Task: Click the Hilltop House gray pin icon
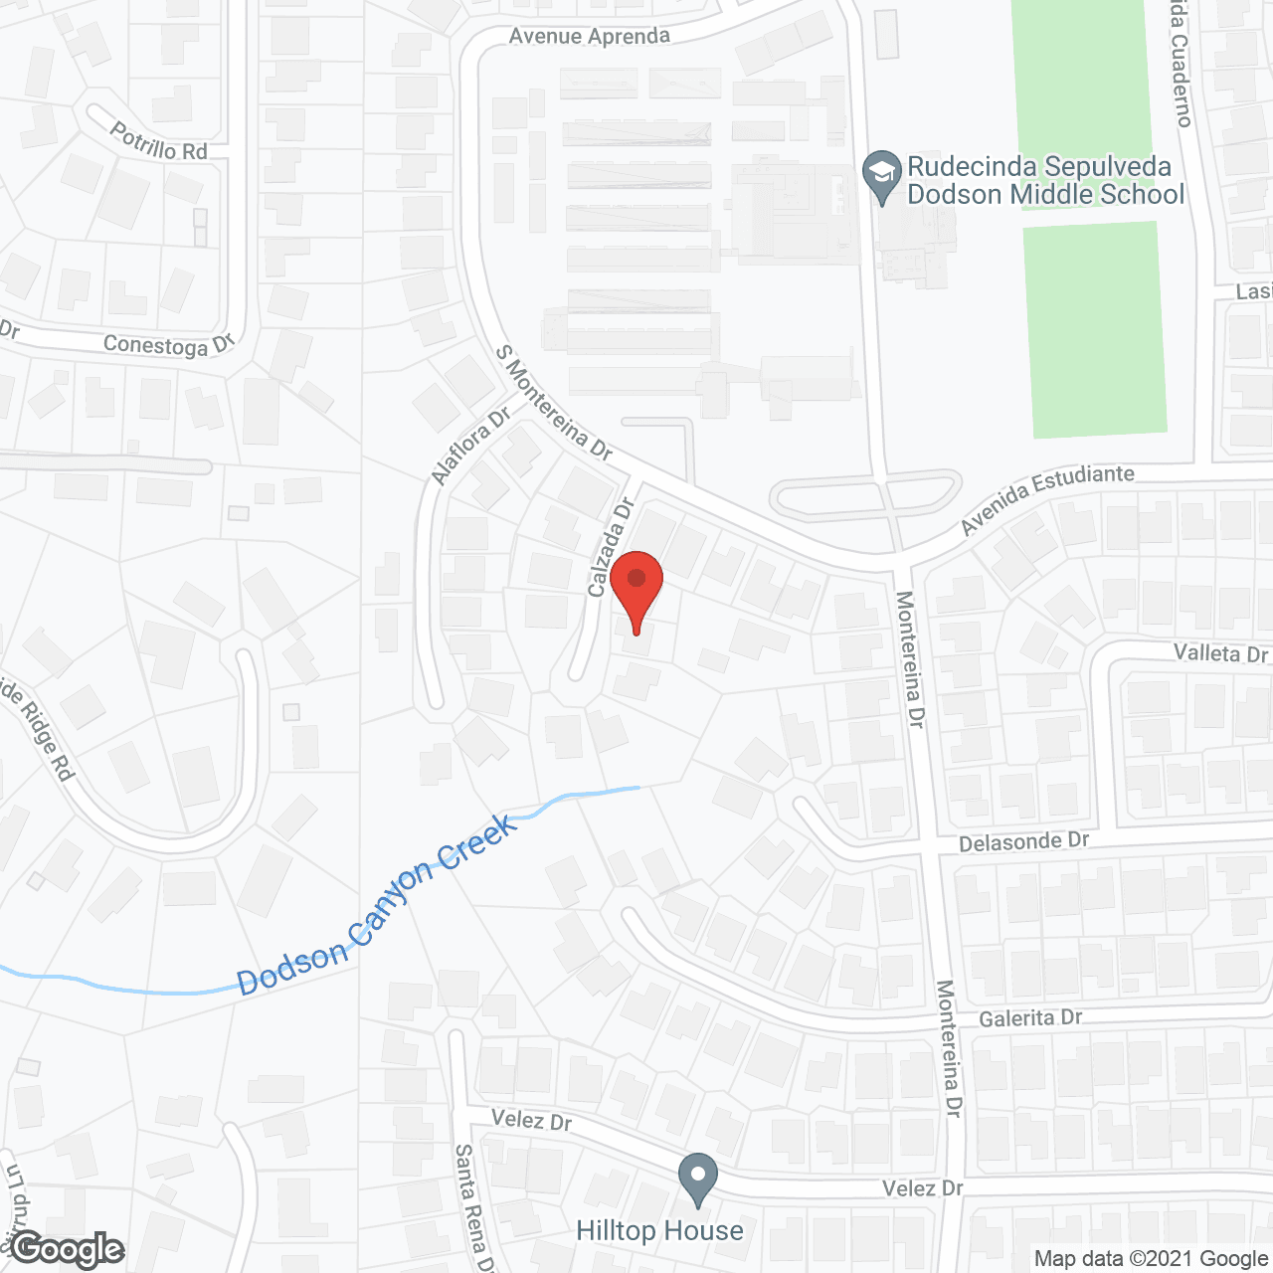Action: [698, 1179]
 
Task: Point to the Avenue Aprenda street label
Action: [589, 37]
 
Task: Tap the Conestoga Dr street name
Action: [168, 345]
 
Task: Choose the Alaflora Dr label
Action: [470, 447]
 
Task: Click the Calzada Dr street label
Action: [611, 548]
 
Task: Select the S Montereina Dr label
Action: [554, 402]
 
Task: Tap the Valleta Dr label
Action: [1220, 653]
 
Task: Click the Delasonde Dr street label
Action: [1023, 841]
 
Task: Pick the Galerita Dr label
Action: [1029, 1018]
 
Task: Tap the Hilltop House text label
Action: [659, 1231]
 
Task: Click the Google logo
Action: [69, 1249]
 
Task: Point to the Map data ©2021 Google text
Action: [1151, 1259]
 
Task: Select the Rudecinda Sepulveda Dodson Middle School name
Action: [1045, 180]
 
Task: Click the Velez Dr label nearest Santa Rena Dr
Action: [531, 1120]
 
